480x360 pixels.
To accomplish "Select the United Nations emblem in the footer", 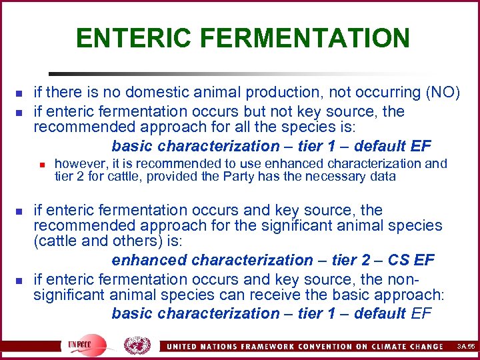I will [x=138, y=345].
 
